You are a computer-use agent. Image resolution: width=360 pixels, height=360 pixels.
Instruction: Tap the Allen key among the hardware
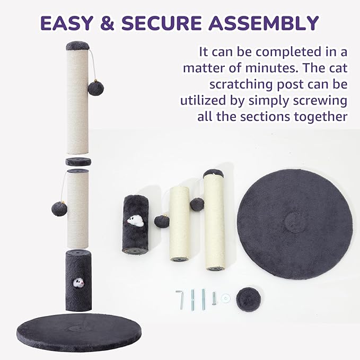tap(180, 299)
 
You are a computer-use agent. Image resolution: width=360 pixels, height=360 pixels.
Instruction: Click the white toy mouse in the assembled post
tap(78, 283)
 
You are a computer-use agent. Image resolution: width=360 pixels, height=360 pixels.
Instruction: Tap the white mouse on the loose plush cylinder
tap(135, 219)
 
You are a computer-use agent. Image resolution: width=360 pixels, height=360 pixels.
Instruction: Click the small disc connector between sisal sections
tap(78, 162)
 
